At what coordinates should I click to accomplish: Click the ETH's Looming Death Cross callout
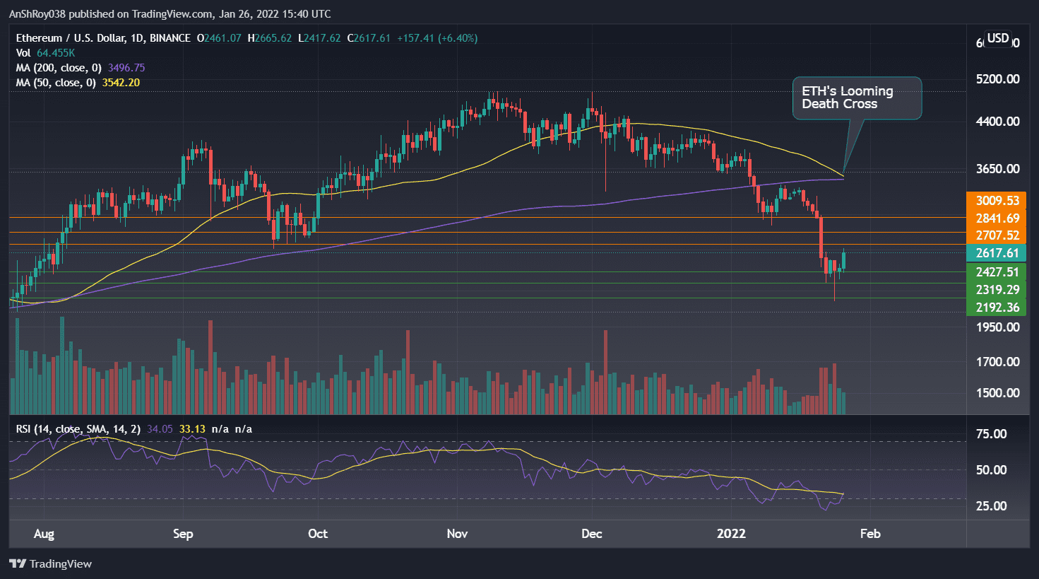(x=857, y=98)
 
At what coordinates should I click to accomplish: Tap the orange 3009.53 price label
(x=997, y=201)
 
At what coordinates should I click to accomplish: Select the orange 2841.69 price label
(x=997, y=218)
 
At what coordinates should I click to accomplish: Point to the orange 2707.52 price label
(x=997, y=235)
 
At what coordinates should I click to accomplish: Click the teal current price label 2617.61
(x=997, y=253)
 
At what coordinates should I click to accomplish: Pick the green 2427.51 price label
(x=997, y=272)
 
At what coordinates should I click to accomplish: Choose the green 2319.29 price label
(x=997, y=290)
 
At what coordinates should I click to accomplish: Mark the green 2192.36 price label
(x=997, y=308)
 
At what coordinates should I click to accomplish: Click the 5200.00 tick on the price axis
(x=997, y=79)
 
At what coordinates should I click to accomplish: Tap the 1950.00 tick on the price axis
(x=997, y=327)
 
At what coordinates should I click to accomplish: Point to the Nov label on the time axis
(x=457, y=534)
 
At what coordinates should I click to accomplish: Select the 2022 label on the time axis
(x=731, y=534)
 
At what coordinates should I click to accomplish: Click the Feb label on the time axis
(x=870, y=534)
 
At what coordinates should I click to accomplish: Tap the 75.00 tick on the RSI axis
(x=991, y=434)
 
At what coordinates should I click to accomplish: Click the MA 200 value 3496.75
(x=126, y=68)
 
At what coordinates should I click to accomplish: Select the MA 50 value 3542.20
(x=121, y=83)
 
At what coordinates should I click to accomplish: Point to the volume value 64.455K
(x=55, y=53)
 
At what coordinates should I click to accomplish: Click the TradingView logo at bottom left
(x=51, y=563)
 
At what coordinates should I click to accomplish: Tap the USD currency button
(x=997, y=38)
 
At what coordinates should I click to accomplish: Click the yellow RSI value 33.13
(x=192, y=429)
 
